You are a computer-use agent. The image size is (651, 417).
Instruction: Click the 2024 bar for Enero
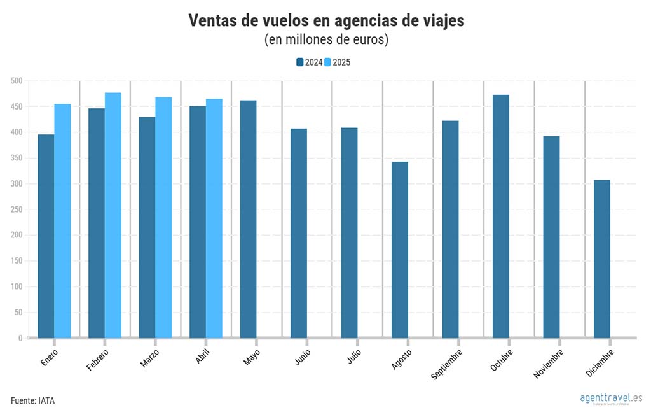[x=46, y=236]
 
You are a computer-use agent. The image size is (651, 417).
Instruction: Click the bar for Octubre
[x=501, y=216]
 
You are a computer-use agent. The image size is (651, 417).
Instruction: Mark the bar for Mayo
[x=248, y=219]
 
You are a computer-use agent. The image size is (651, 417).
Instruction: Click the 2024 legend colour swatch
[x=300, y=62]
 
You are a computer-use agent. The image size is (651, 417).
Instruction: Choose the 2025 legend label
[x=342, y=62]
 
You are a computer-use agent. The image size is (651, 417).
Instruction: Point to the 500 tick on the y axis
[x=16, y=81]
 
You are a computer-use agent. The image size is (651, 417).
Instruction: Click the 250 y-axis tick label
[x=16, y=209]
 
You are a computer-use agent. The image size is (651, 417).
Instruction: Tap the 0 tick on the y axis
[x=20, y=338]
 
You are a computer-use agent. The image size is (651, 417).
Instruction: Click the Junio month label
[x=303, y=357]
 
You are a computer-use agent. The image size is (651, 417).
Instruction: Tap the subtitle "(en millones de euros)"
[x=326, y=40]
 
